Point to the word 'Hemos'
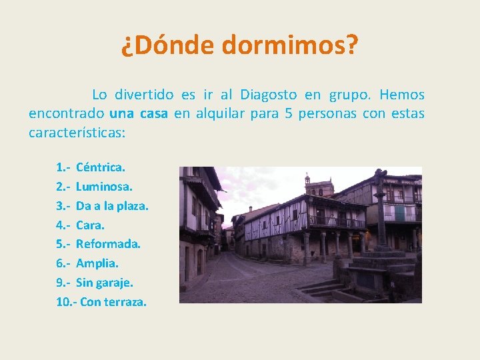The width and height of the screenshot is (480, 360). pyautogui.click(x=402, y=95)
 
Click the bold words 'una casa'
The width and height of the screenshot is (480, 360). pyautogui.click(x=139, y=113)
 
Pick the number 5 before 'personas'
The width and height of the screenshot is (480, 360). pyautogui.click(x=289, y=113)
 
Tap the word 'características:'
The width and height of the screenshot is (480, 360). pyautogui.click(x=77, y=132)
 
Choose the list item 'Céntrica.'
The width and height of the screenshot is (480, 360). pyautogui.click(x=100, y=167)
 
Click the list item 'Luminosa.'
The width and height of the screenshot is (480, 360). pyautogui.click(x=104, y=187)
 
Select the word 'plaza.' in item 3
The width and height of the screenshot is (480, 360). pyautogui.click(x=133, y=206)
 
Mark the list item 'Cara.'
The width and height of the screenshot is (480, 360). pyautogui.click(x=90, y=225)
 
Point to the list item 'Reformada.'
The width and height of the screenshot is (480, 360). pyautogui.click(x=108, y=244)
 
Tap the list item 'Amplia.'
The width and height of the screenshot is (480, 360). pyautogui.click(x=97, y=263)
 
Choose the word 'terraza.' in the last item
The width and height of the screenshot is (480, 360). pyautogui.click(x=125, y=302)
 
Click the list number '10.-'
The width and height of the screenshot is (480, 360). pyautogui.click(x=67, y=302)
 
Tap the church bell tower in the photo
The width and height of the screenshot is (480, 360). pyautogui.click(x=307, y=182)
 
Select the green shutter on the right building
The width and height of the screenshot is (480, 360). pyautogui.click(x=399, y=213)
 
